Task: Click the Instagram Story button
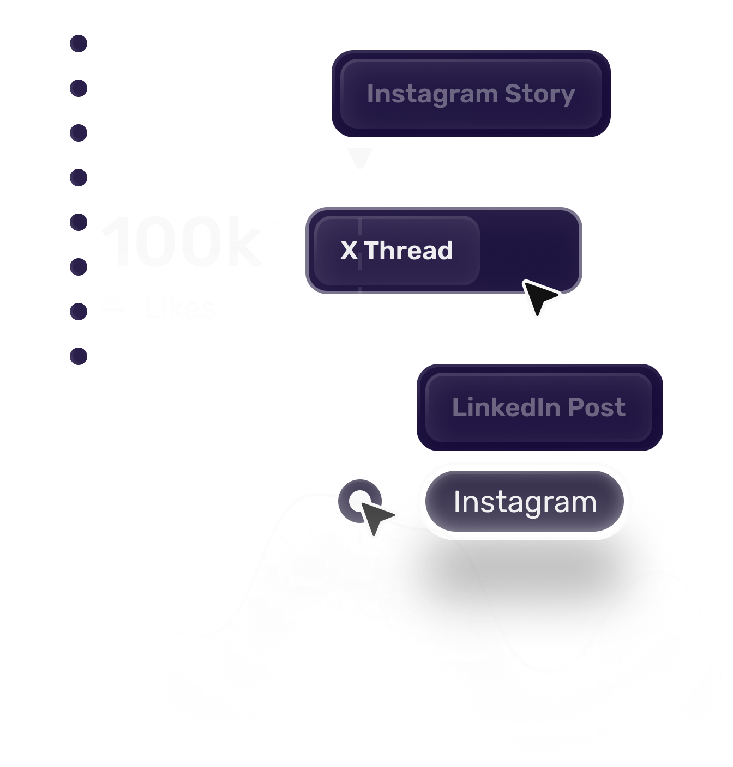click(x=471, y=94)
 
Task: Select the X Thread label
click(x=396, y=251)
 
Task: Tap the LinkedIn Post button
click(x=539, y=407)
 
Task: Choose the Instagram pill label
click(x=525, y=502)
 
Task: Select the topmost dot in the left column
click(x=79, y=44)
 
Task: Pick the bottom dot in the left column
click(x=79, y=356)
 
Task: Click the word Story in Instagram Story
click(x=539, y=94)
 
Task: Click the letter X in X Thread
click(x=349, y=251)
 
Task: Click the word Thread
click(x=409, y=251)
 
